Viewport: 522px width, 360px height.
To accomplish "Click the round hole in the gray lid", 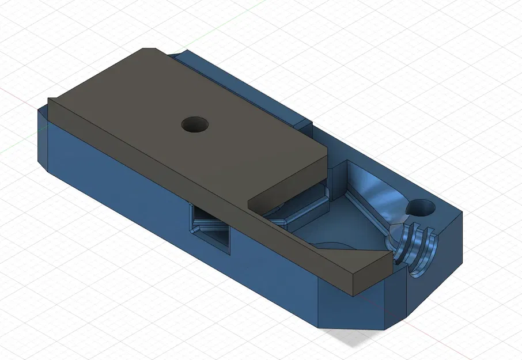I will coord(195,124).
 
